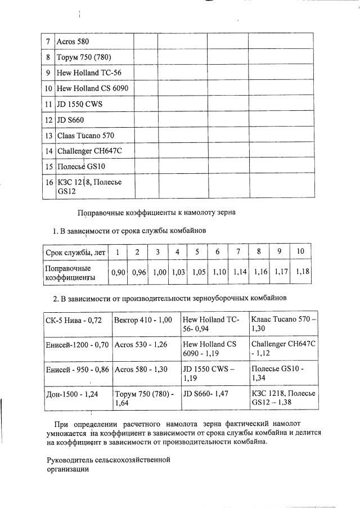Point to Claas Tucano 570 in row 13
[85, 136]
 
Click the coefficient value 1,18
[302, 272]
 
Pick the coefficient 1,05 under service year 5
[197, 272]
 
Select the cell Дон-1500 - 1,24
[72, 394]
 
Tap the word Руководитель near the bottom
[71, 460]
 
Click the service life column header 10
[300, 251]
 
